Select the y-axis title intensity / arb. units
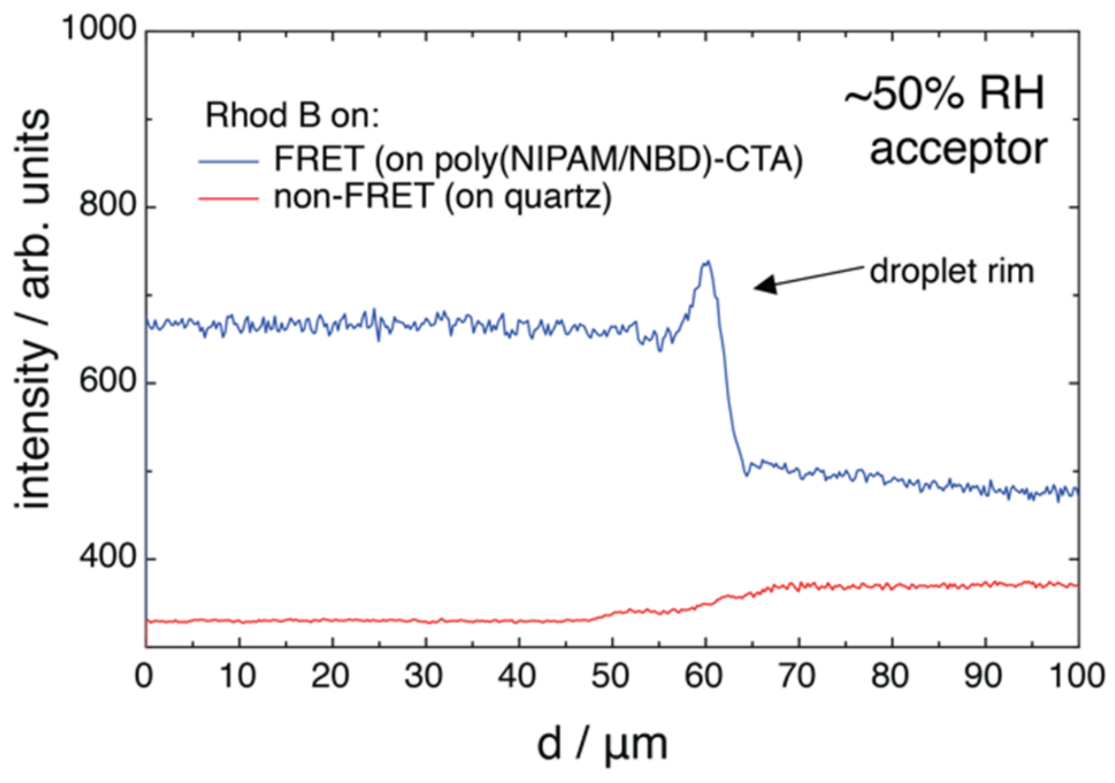[33, 309]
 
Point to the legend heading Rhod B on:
[292, 115]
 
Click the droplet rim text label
[952, 271]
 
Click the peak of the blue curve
[707, 262]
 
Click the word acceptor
[958, 149]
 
